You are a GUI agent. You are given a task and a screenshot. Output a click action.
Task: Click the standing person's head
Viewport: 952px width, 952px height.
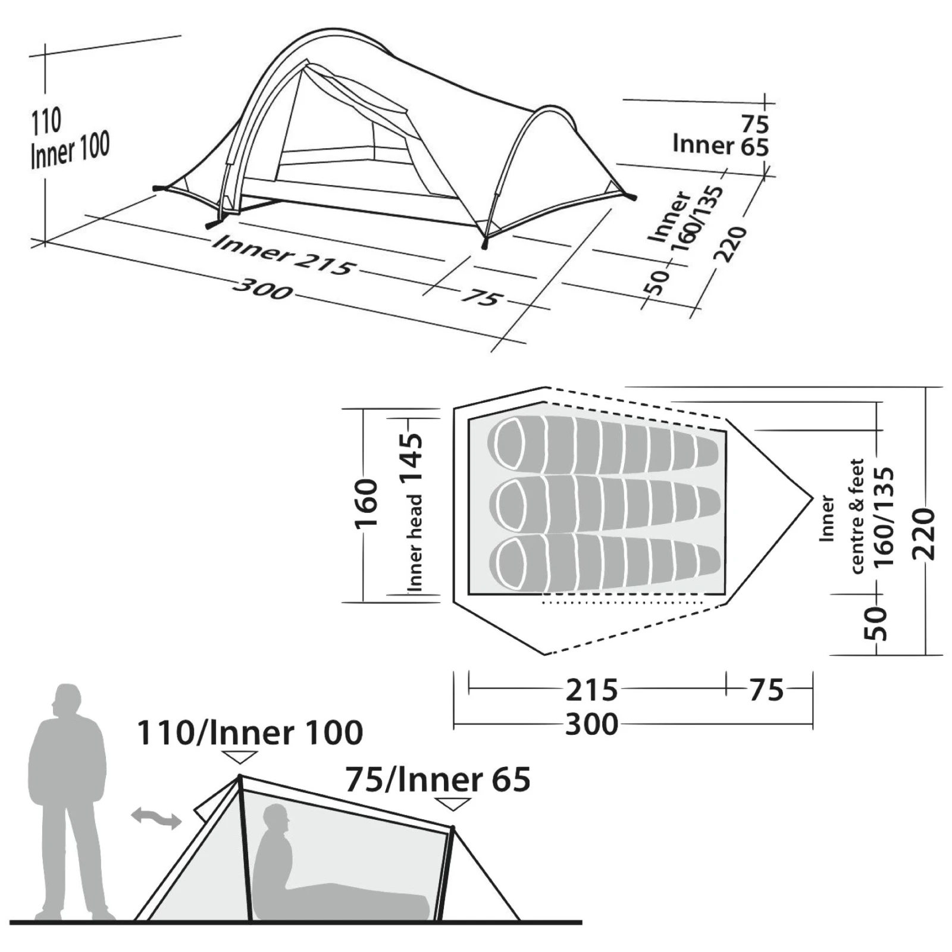[x=67, y=700]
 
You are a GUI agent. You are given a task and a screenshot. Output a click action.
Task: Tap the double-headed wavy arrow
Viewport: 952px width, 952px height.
[x=156, y=818]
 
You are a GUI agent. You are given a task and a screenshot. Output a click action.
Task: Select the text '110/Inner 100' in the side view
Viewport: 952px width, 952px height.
[x=250, y=732]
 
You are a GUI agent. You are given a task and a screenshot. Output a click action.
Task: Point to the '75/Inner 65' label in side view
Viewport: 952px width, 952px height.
[x=438, y=779]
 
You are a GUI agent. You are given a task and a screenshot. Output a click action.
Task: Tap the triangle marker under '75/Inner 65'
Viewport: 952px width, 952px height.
[x=453, y=804]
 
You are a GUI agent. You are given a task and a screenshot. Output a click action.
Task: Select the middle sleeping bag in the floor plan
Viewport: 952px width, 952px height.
[x=603, y=503]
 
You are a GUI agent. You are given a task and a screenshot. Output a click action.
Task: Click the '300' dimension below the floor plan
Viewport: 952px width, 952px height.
[x=591, y=724]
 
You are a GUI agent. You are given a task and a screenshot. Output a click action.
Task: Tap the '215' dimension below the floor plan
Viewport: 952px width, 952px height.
[x=591, y=690]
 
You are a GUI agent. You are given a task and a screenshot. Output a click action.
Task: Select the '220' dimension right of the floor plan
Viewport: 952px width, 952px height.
[x=924, y=534]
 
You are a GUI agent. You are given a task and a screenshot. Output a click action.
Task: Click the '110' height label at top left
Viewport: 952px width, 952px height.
[x=46, y=122]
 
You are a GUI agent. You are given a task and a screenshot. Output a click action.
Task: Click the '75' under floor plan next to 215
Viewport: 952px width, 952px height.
[x=766, y=690]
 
